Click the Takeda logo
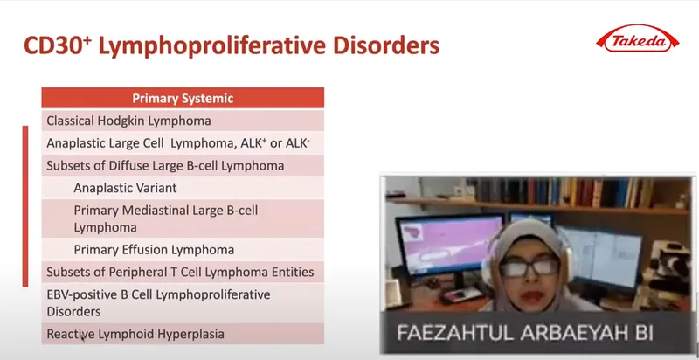tap(638, 39)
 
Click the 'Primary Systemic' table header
tap(183, 98)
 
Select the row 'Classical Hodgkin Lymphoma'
tap(183, 121)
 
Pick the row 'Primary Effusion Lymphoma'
tap(183, 250)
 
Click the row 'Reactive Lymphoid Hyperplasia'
tap(183, 334)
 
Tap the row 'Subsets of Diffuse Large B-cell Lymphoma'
tap(183, 166)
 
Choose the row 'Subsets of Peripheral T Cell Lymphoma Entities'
tap(183, 272)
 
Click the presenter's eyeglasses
tap(529, 267)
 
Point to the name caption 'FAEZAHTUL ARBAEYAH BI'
tap(525, 333)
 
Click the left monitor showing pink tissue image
tap(449, 244)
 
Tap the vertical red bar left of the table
tap(25, 206)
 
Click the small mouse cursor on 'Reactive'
tap(82, 339)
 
